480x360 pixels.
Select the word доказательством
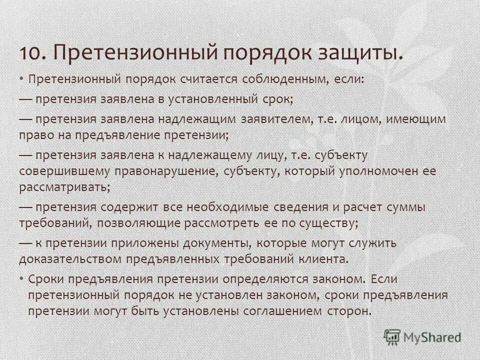click(x=70, y=259)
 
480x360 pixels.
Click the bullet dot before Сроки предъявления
click(x=22, y=278)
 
